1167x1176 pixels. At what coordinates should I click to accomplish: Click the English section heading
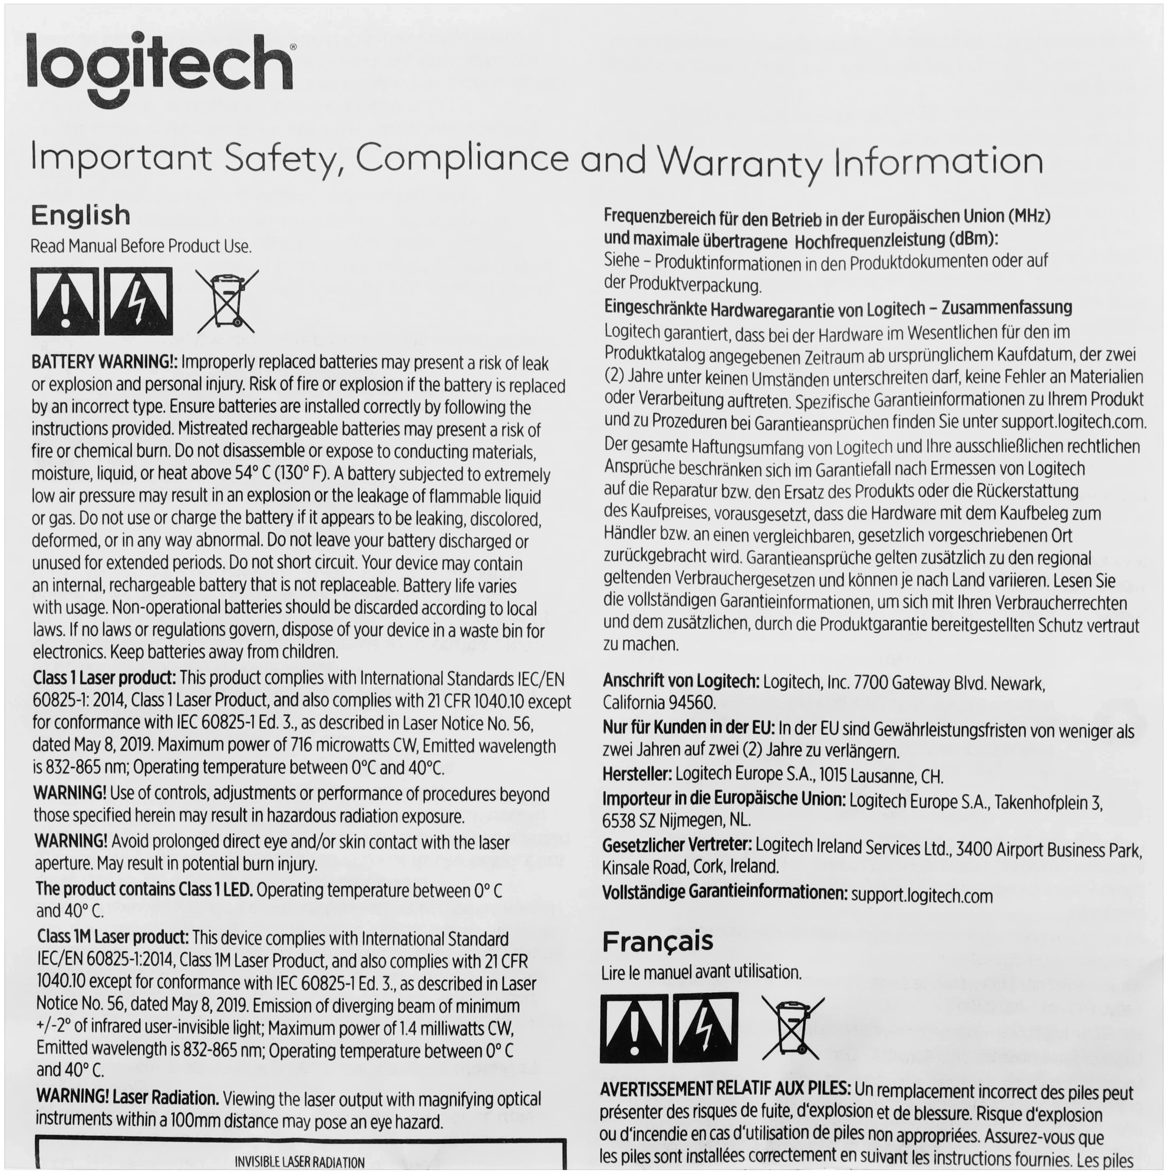(x=80, y=215)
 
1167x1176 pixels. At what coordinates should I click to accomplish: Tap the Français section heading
(x=657, y=941)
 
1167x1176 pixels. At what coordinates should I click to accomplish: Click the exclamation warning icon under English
(x=64, y=300)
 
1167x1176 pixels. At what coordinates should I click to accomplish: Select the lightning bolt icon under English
(x=138, y=300)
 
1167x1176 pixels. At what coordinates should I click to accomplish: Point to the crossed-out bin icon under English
(x=226, y=300)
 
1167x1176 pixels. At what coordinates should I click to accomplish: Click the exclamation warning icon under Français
(x=633, y=1028)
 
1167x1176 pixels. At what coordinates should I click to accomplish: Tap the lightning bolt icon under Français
(x=706, y=1028)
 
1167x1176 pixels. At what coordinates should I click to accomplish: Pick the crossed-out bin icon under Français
(x=793, y=1028)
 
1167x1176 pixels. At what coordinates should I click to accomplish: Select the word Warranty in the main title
(x=740, y=161)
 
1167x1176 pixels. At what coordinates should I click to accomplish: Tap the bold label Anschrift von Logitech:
(x=681, y=681)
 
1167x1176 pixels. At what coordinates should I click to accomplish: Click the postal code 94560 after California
(x=692, y=703)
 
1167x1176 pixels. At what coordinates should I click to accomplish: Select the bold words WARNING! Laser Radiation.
(x=127, y=1098)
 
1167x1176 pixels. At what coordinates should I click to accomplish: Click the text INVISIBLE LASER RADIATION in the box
(x=299, y=1162)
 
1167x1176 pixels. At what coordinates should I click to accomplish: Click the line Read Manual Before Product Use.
(x=141, y=246)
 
